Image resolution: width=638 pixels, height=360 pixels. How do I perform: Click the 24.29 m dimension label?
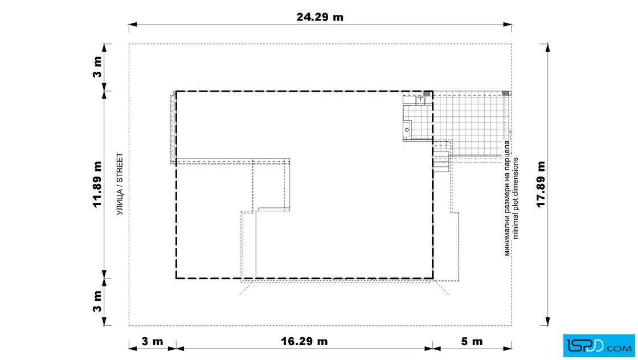(x=320, y=17)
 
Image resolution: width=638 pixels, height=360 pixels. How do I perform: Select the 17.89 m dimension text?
(x=541, y=184)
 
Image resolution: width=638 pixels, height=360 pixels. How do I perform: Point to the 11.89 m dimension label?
(x=97, y=184)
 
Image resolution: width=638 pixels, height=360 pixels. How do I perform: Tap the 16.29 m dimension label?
(x=304, y=341)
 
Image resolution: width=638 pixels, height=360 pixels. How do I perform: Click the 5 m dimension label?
(x=472, y=341)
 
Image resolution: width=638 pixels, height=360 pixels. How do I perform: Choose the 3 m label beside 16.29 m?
(x=152, y=341)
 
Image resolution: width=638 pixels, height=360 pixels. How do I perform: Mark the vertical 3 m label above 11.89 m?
(x=97, y=67)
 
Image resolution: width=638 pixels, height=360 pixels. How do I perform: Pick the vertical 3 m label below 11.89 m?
(x=97, y=301)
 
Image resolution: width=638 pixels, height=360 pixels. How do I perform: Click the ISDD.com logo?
(x=599, y=346)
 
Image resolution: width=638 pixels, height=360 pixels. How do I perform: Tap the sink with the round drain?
(x=407, y=130)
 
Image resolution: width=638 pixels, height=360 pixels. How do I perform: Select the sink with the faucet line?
(x=420, y=100)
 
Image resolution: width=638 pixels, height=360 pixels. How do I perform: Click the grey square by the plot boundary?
(x=506, y=93)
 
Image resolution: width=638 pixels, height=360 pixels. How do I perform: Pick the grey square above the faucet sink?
(x=427, y=93)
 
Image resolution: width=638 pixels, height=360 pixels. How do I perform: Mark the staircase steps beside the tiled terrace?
(x=441, y=162)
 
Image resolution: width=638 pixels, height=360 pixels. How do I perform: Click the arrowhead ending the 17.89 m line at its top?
(x=547, y=48)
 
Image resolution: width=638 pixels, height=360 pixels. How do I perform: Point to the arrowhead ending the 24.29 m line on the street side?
(x=133, y=25)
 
